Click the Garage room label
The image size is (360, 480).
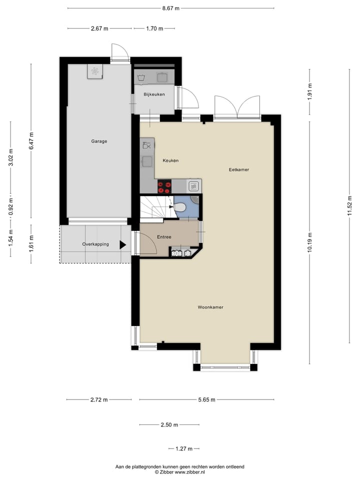point(99,141)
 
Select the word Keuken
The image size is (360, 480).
point(170,160)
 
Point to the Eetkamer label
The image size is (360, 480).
point(238,169)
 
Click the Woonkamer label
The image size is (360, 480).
point(210,307)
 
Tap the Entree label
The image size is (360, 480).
point(164,237)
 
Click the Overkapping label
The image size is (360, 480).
point(95,244)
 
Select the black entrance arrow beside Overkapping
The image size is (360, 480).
point(122,244)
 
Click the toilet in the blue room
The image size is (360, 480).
point(179,207)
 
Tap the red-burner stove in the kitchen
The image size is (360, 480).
point(164,186)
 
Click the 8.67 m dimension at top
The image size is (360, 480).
point(170,8)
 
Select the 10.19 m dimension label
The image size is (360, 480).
point(310,243)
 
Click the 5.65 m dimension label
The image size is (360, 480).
point(206,399)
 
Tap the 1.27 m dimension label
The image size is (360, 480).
point(183,448)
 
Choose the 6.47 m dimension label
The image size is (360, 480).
point(31,141)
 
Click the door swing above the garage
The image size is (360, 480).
point(119,51)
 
